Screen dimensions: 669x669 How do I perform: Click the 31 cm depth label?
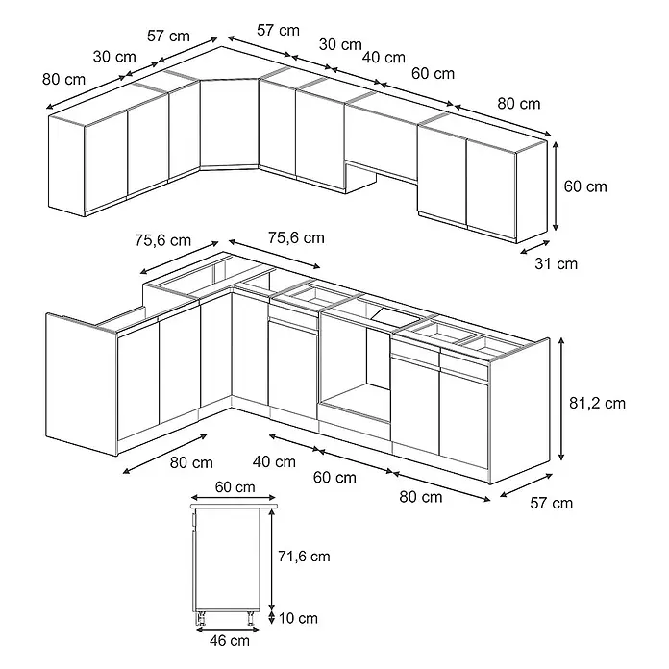click(x=556, y=263)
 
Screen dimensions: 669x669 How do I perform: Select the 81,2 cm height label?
click(x=597, y=403)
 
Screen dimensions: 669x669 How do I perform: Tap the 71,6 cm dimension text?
click(x=304, y=557)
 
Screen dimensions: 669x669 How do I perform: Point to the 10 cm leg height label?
click(x=298, y=618)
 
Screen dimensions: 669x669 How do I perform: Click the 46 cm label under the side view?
click(x=230, y=640)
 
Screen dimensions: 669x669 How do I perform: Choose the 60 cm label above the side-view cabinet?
click(x=235, y=487)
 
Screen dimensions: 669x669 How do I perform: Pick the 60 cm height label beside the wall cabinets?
click(x=585, y=186)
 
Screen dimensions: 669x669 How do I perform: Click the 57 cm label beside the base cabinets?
click(x=551, y=503)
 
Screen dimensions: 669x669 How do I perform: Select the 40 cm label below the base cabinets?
click(x=274, y=461)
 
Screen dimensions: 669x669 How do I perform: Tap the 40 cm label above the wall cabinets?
click(x=384, y=57)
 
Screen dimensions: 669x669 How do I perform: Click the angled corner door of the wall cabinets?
click(x=229, y=123)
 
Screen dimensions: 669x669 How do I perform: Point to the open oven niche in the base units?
click(x=356, y=366)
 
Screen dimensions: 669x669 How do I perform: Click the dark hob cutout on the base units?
click(x=395, y=315)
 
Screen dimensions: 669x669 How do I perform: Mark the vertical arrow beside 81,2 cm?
click(x=561, y=399)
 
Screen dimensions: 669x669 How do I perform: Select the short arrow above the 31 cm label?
click(x=535, y=247)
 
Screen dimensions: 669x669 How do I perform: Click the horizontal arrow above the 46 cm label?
click(x=227, y=630)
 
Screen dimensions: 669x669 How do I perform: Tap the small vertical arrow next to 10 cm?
click(x=271, y=618)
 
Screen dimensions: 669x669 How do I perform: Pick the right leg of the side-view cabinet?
click(x=251, y=617)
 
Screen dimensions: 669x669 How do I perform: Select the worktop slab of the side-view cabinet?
click(x=234, y=506)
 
